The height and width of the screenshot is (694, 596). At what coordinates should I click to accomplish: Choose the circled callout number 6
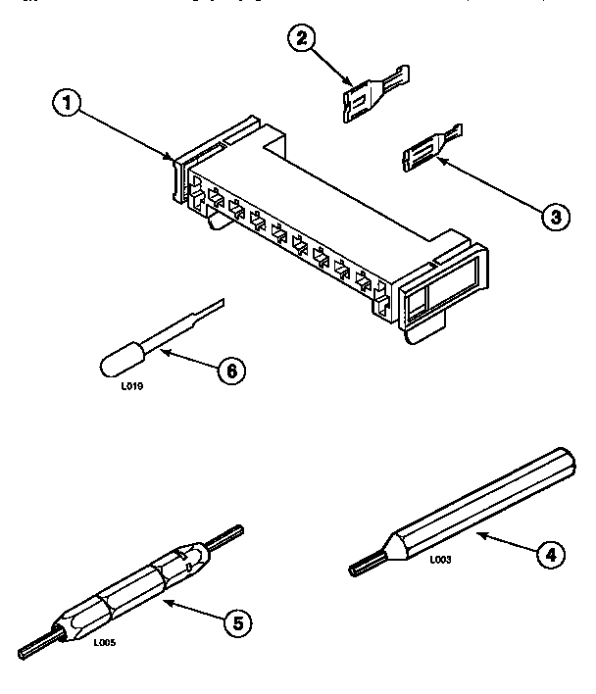point(231,372)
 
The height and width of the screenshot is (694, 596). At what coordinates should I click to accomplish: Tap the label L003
point(439,560)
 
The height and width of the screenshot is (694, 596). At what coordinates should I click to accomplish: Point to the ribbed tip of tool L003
point(362,565)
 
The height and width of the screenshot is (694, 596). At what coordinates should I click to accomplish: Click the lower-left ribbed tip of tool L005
point(35,647)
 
